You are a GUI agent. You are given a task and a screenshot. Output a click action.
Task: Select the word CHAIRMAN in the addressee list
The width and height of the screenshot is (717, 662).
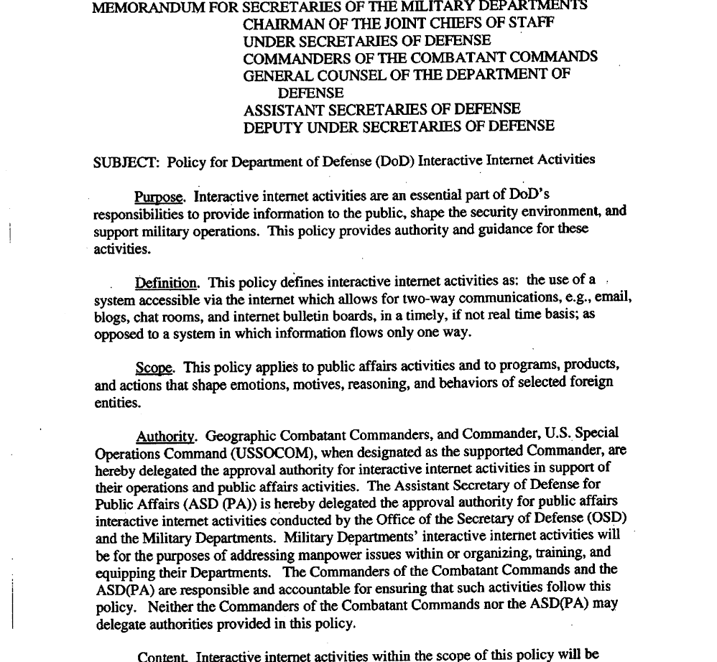click(281, 23)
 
